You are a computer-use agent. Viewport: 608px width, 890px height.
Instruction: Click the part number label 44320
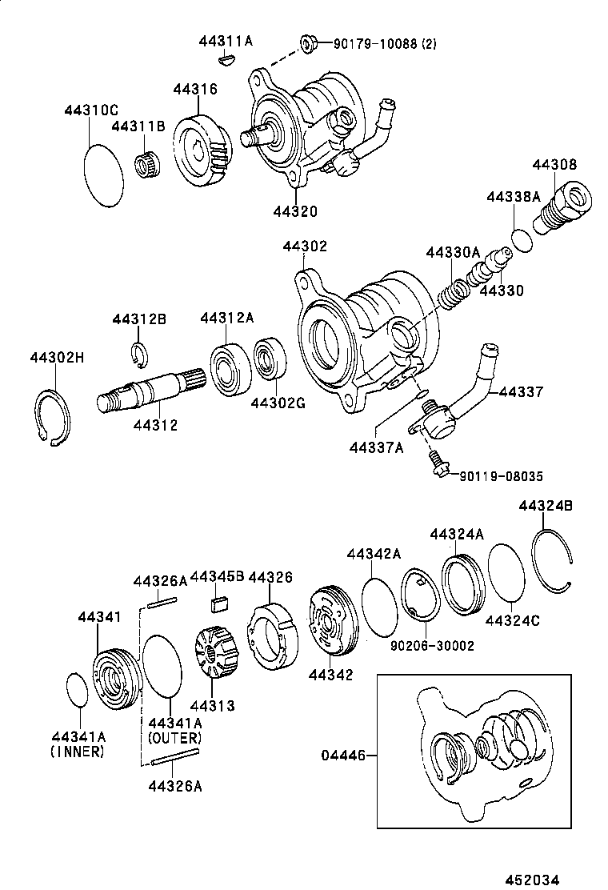click(x=294, y=211)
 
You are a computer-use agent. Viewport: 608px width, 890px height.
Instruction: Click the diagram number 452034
click(x=533, y=877)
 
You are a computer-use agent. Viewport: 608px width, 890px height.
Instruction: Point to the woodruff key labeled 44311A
click(x=226, y=58)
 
